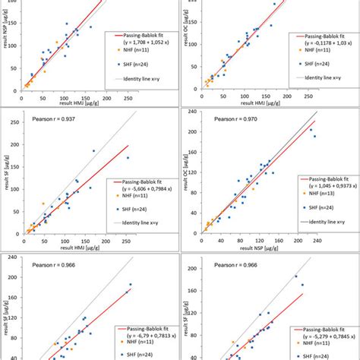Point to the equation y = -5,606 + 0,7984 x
141,193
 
